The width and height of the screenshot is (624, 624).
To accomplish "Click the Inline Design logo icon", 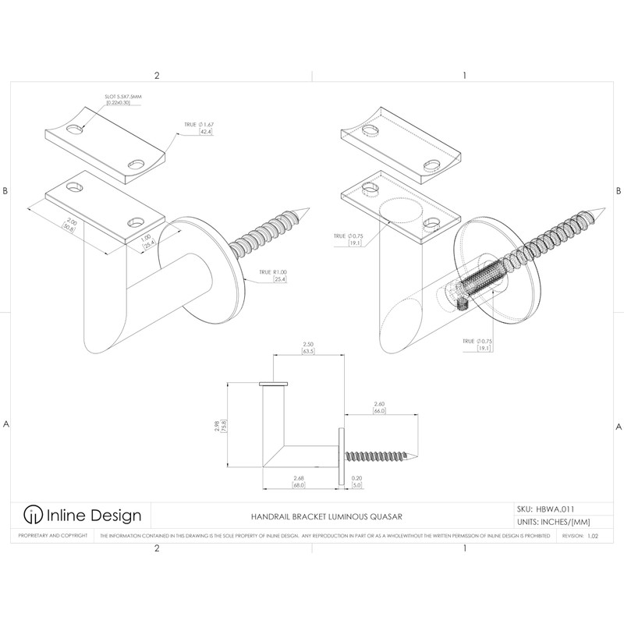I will click(32, 515).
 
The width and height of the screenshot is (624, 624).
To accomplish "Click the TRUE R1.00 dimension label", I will click(266, 275).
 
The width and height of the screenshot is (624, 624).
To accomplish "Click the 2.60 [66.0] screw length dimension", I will click(380, 406).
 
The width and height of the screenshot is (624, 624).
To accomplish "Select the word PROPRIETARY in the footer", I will click(28, 537).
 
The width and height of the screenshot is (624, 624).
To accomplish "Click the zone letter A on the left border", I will click(6, 425).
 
